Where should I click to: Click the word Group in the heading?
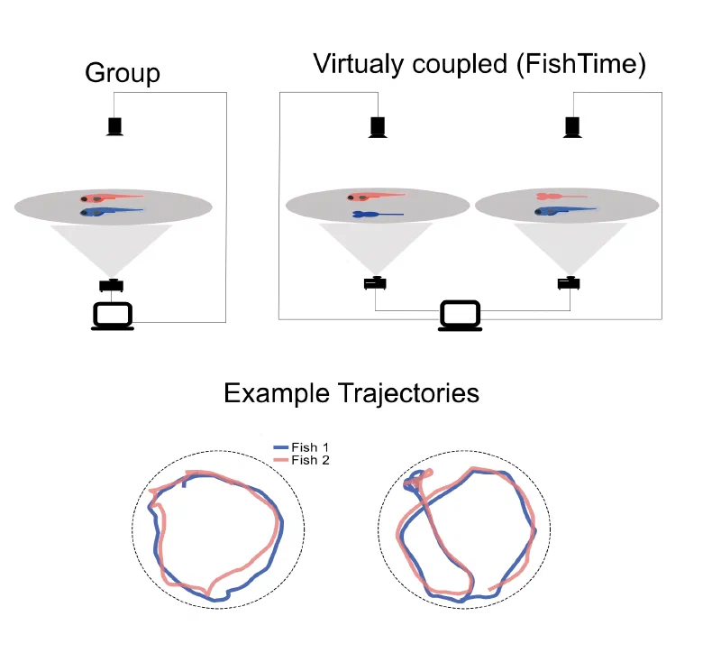click(x=122, y=73)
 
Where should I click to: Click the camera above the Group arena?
click(x=114, y=125)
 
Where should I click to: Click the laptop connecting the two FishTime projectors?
click(x=460, y=316)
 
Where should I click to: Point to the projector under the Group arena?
click(x=112, y=285)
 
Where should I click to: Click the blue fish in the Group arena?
click(x=112, y=212)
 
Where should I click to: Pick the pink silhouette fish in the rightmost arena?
click(x=560, y=196)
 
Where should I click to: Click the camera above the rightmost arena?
click(x=570, y=126)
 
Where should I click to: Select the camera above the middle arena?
click(x=379, y=126)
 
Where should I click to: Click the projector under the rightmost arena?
click(x=569, y=282)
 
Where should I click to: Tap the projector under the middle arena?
click(x=376, y=282)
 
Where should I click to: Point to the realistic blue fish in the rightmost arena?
click(x=564, y=210)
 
